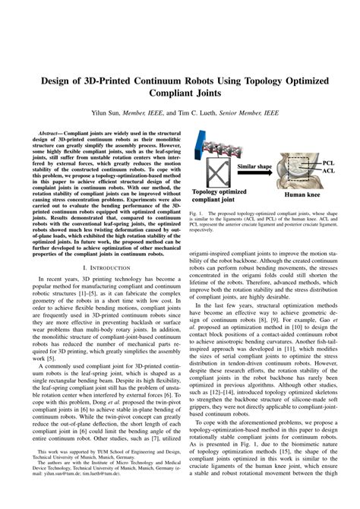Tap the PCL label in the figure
[328, 163]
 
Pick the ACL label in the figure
[328, 172]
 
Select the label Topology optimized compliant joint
[220, 197]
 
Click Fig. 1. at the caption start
[197, 215]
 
